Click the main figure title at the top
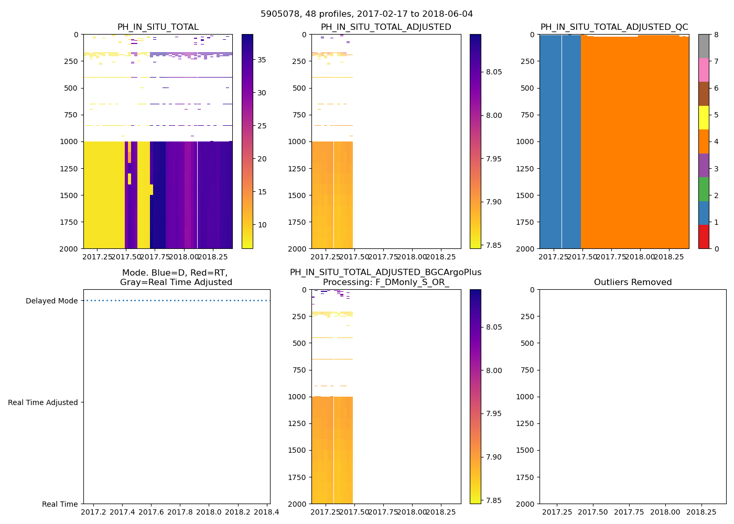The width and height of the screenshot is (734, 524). coord(366,14)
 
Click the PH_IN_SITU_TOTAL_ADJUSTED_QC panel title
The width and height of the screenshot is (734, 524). coord(614,27)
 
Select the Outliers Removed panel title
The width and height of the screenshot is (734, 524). coord(632,282)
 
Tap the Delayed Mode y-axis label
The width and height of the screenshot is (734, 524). coord(51,301)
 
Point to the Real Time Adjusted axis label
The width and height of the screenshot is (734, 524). coord(42,402)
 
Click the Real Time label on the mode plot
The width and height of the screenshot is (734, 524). coord(60,504)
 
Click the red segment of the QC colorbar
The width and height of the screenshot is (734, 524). coord(704,237)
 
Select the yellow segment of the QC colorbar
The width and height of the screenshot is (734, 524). coord(704,117)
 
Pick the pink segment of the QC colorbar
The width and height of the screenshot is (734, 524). coord(704,70)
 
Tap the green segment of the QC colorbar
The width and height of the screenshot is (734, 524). coord(704,189)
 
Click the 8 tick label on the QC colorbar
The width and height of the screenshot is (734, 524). coord(716,35)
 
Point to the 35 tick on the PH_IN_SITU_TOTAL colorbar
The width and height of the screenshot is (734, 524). coord(261,60)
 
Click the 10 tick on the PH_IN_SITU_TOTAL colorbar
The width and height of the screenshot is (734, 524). coord(261,225)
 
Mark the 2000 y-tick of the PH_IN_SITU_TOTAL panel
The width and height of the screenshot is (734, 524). coord(70,249)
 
